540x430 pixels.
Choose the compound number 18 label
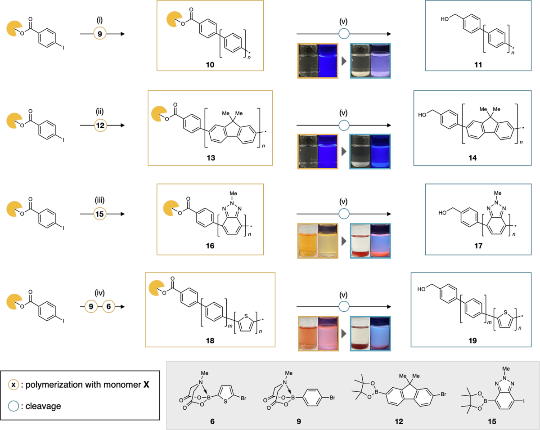point(210,341)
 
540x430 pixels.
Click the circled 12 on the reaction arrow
point(100,126)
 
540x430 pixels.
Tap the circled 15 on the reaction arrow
point(100,215)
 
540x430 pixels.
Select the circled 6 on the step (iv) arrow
point(109,307)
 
